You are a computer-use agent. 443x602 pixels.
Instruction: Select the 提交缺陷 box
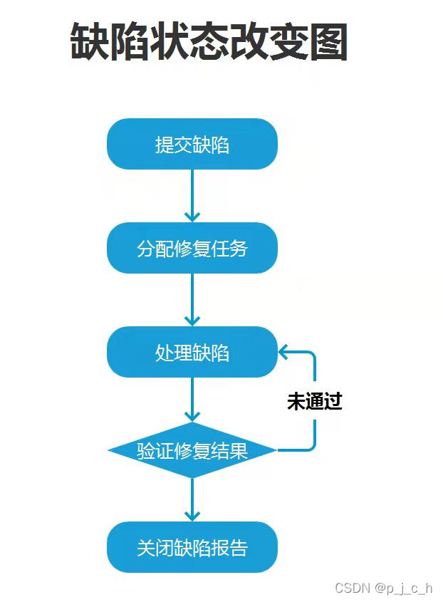point(192,145)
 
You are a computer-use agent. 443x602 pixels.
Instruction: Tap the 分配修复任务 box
point(192,248)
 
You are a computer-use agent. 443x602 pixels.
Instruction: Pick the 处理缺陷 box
point(192,352)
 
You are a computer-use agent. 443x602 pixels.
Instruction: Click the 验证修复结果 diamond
point(192,450)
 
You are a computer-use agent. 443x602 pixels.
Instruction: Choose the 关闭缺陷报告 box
point(192,547)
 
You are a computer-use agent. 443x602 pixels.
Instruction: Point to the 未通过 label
point(314,402)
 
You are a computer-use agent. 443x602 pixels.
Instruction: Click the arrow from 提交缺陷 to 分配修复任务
point(192,192)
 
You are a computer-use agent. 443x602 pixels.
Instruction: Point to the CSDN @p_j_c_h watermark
point(383,588)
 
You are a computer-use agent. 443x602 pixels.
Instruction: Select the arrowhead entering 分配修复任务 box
point(192,215)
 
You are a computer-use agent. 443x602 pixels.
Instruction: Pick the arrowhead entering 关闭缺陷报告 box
point(192,514)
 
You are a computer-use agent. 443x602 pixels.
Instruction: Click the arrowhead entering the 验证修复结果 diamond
point(192,415)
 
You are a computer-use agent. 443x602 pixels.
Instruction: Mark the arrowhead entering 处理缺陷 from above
point(192,319)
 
